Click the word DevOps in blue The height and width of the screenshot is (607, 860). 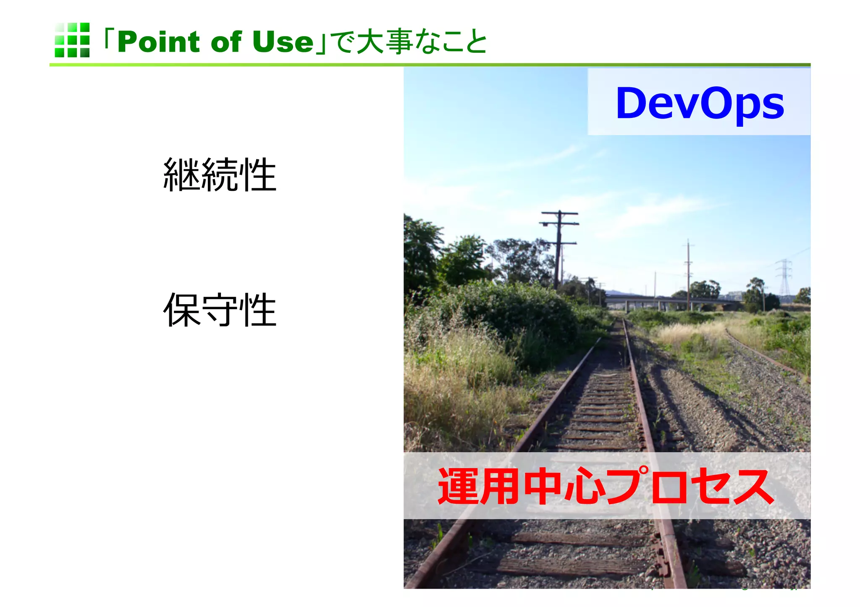(x=699, y=103)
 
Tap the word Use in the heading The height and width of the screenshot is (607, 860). (x=283, y=42)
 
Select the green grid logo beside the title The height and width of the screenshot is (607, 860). (x=72, y=40)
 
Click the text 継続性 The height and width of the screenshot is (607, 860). (x=220, y=175)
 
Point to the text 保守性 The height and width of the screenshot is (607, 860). (x=220, y=310)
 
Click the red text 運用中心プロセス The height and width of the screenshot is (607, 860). (x=606, y=486)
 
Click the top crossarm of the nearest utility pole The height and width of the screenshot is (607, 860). (x=559, y=213)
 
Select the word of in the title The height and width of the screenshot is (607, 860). (x=226, y=42)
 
